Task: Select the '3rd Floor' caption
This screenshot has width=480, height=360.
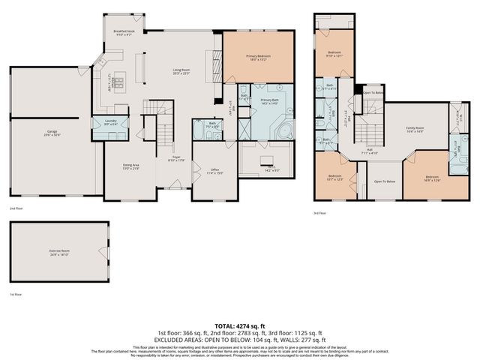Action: coord(319,214)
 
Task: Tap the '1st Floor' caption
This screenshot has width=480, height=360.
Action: coord(13,294)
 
